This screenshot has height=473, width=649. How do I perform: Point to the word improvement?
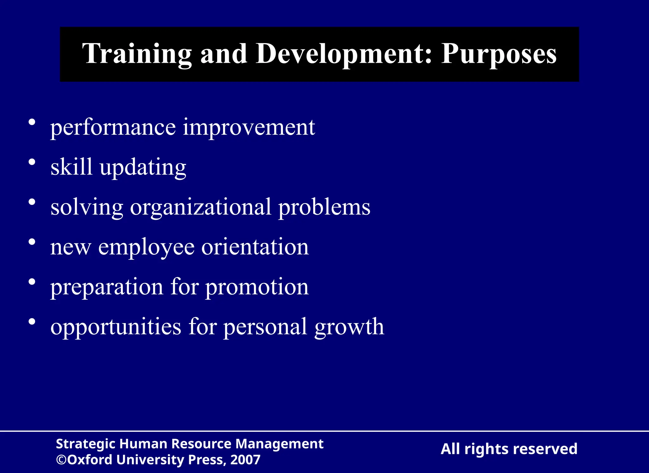click(249, 127)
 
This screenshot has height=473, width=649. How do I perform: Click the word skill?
click(72, 167)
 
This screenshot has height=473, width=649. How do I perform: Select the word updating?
click(143, 168)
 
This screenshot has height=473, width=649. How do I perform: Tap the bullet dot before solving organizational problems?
click(32, 202)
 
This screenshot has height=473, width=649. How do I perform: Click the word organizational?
click(201, 208)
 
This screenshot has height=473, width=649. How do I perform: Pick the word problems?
click(324, 208)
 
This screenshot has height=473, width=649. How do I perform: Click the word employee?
click(146, 247)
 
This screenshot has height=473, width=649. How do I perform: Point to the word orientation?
click(255, 247)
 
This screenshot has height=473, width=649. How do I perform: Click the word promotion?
click(257, 287)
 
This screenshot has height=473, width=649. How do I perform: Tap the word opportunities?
click(116, 327)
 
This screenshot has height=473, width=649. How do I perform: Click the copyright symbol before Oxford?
click(61, 460)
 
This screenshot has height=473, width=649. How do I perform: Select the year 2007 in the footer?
click(245, 460)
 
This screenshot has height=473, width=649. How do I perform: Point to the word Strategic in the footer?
click(85, 444)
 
